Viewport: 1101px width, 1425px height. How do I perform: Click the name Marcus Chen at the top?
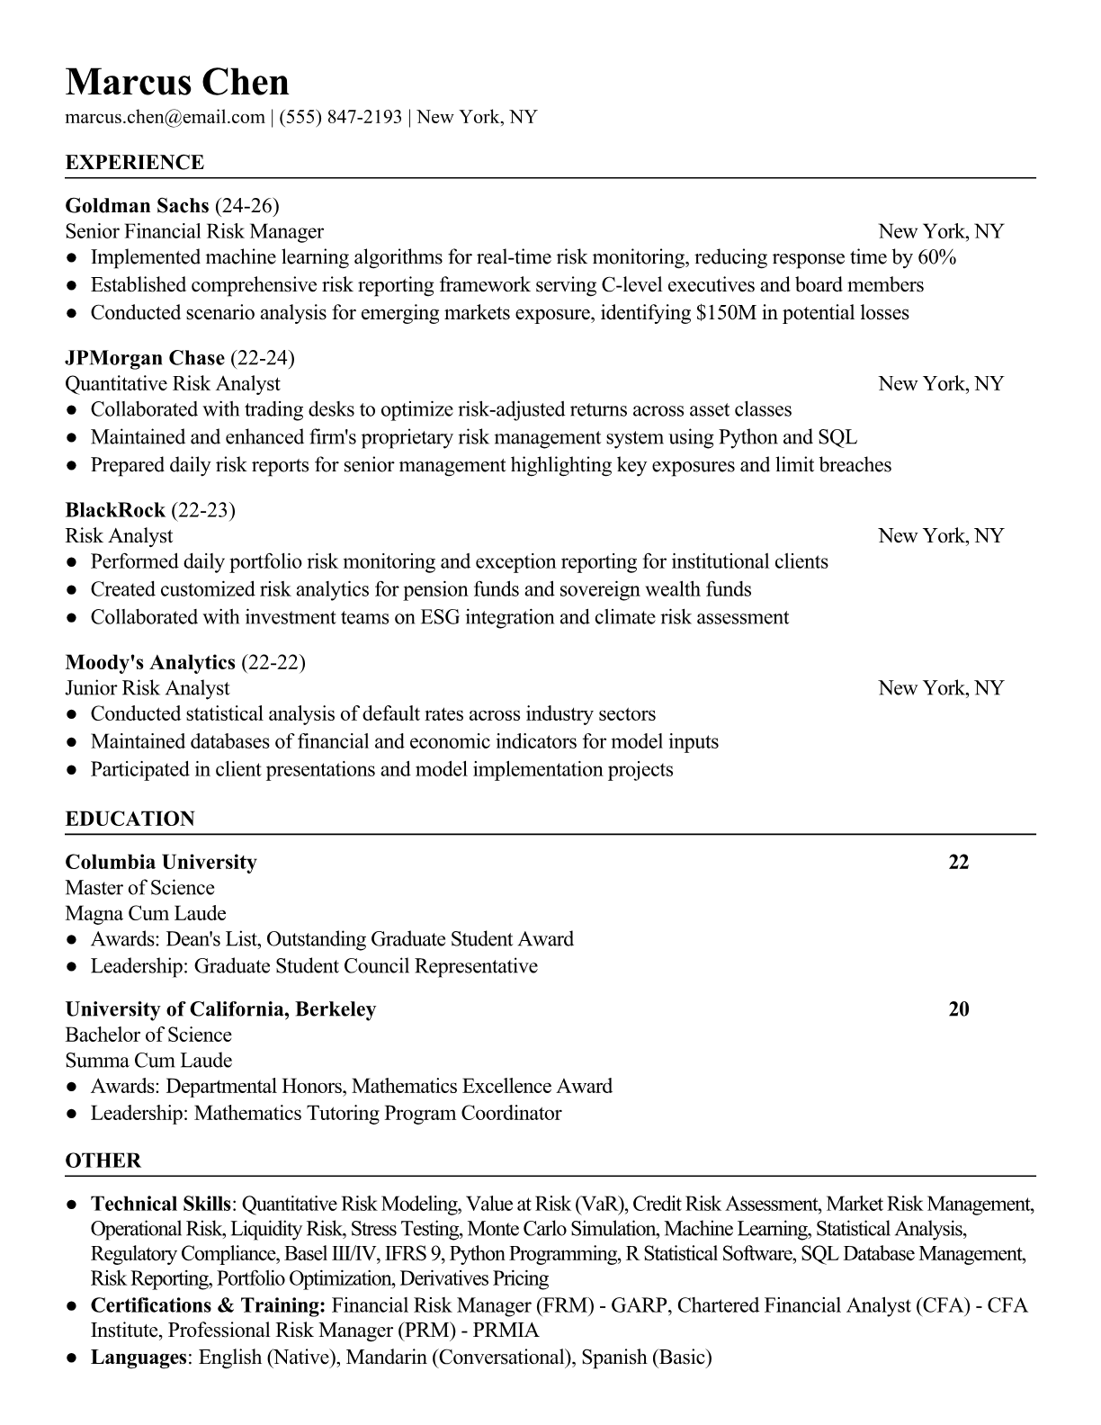pyautogui.click(x=177, y=83)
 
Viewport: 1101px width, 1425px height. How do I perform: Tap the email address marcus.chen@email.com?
pyautogui.click(x=165, y=117)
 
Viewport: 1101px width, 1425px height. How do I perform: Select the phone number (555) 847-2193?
pyautogui.click(x=340, y=117)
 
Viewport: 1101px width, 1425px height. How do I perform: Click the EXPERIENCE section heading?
pyautogui.click(x=135, y=163)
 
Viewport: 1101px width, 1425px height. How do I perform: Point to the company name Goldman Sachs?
pyautogui.click(x=137, y=205)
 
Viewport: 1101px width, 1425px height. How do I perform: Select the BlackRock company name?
pyautogui.click(x=115, y=510)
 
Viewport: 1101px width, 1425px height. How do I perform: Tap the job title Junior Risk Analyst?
pyautogui.click(x=148, y=688)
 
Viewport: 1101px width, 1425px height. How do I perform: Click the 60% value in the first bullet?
pyautogui.click(x=936, y=257)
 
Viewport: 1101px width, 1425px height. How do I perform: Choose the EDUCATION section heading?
pyautogui.click(x=130, y=820)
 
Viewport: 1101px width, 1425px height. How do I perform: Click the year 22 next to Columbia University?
pyautogui.click(x=959, y=863)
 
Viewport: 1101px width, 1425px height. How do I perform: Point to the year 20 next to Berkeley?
pyautogui.click(x=959, y=1009)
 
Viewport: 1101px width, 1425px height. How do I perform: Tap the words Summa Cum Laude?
pyautogui.click(x=149, y=1061)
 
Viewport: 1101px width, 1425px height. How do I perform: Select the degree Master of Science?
pyautogui.click(x=140, y=888)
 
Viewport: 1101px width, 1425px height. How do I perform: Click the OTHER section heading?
pyautogui.click(x=103, y=1161)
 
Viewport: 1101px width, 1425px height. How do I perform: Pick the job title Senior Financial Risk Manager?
pyautogui.click(x=194, y=231)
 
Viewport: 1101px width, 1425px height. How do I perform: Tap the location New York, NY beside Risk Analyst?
pyautogui.click(x=941, y=536)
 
